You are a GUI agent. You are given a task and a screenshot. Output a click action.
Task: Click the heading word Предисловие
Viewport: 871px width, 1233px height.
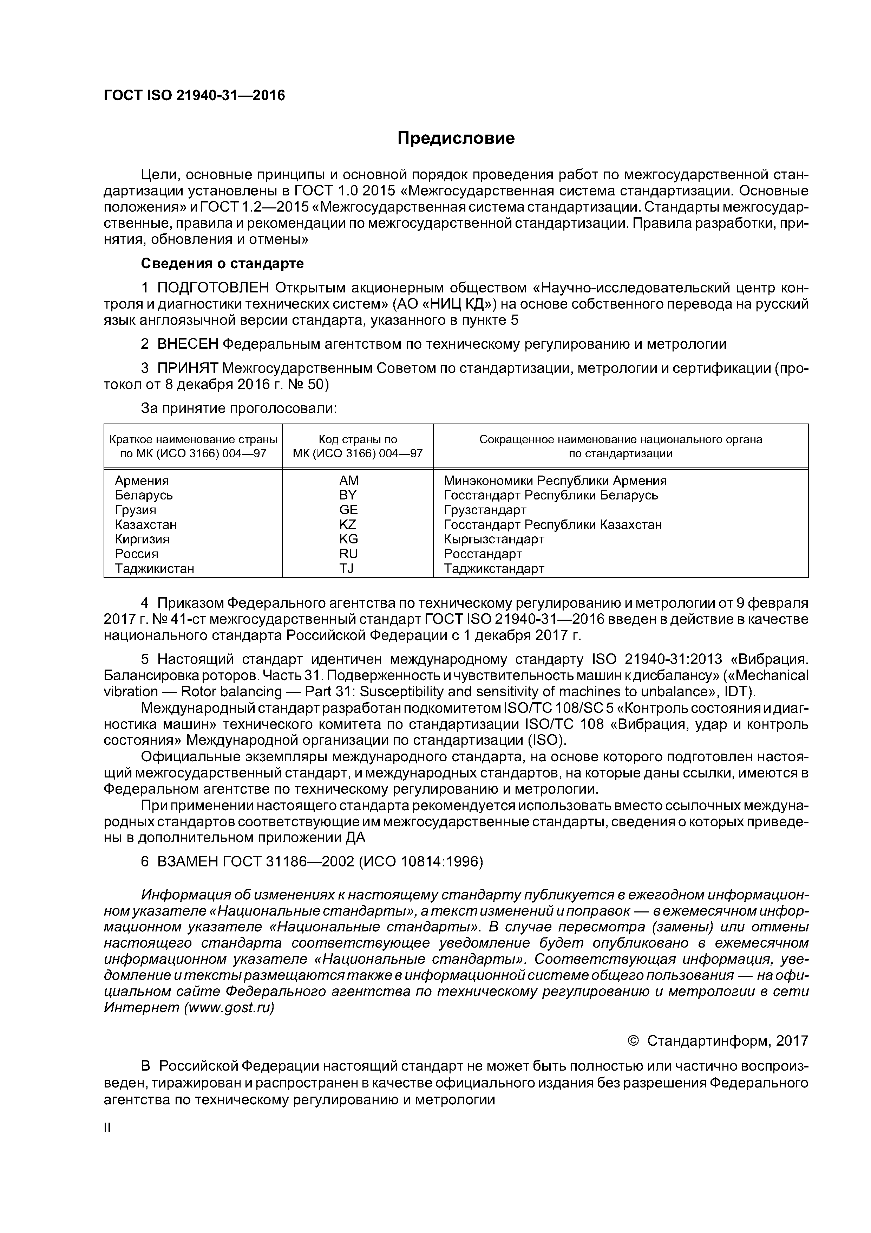pos(456,138)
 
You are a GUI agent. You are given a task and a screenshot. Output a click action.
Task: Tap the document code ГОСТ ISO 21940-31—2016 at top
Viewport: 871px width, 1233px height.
pos(194,96)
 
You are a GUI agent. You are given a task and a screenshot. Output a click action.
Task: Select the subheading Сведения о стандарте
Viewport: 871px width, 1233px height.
pos(222,264)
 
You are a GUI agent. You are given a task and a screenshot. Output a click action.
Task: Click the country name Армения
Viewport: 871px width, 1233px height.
pos(142,480)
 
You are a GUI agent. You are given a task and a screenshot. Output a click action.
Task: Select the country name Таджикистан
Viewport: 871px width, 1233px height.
pos(155,568)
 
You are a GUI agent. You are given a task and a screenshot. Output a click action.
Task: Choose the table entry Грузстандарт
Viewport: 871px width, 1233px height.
pos(485,510)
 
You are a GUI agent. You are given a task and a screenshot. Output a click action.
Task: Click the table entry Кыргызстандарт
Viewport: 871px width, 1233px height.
pos(494,538)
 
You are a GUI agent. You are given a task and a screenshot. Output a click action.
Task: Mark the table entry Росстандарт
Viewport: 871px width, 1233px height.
pos(483,554)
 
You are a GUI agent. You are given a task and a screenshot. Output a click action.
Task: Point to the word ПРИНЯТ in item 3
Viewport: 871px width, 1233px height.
pos(187,368)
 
